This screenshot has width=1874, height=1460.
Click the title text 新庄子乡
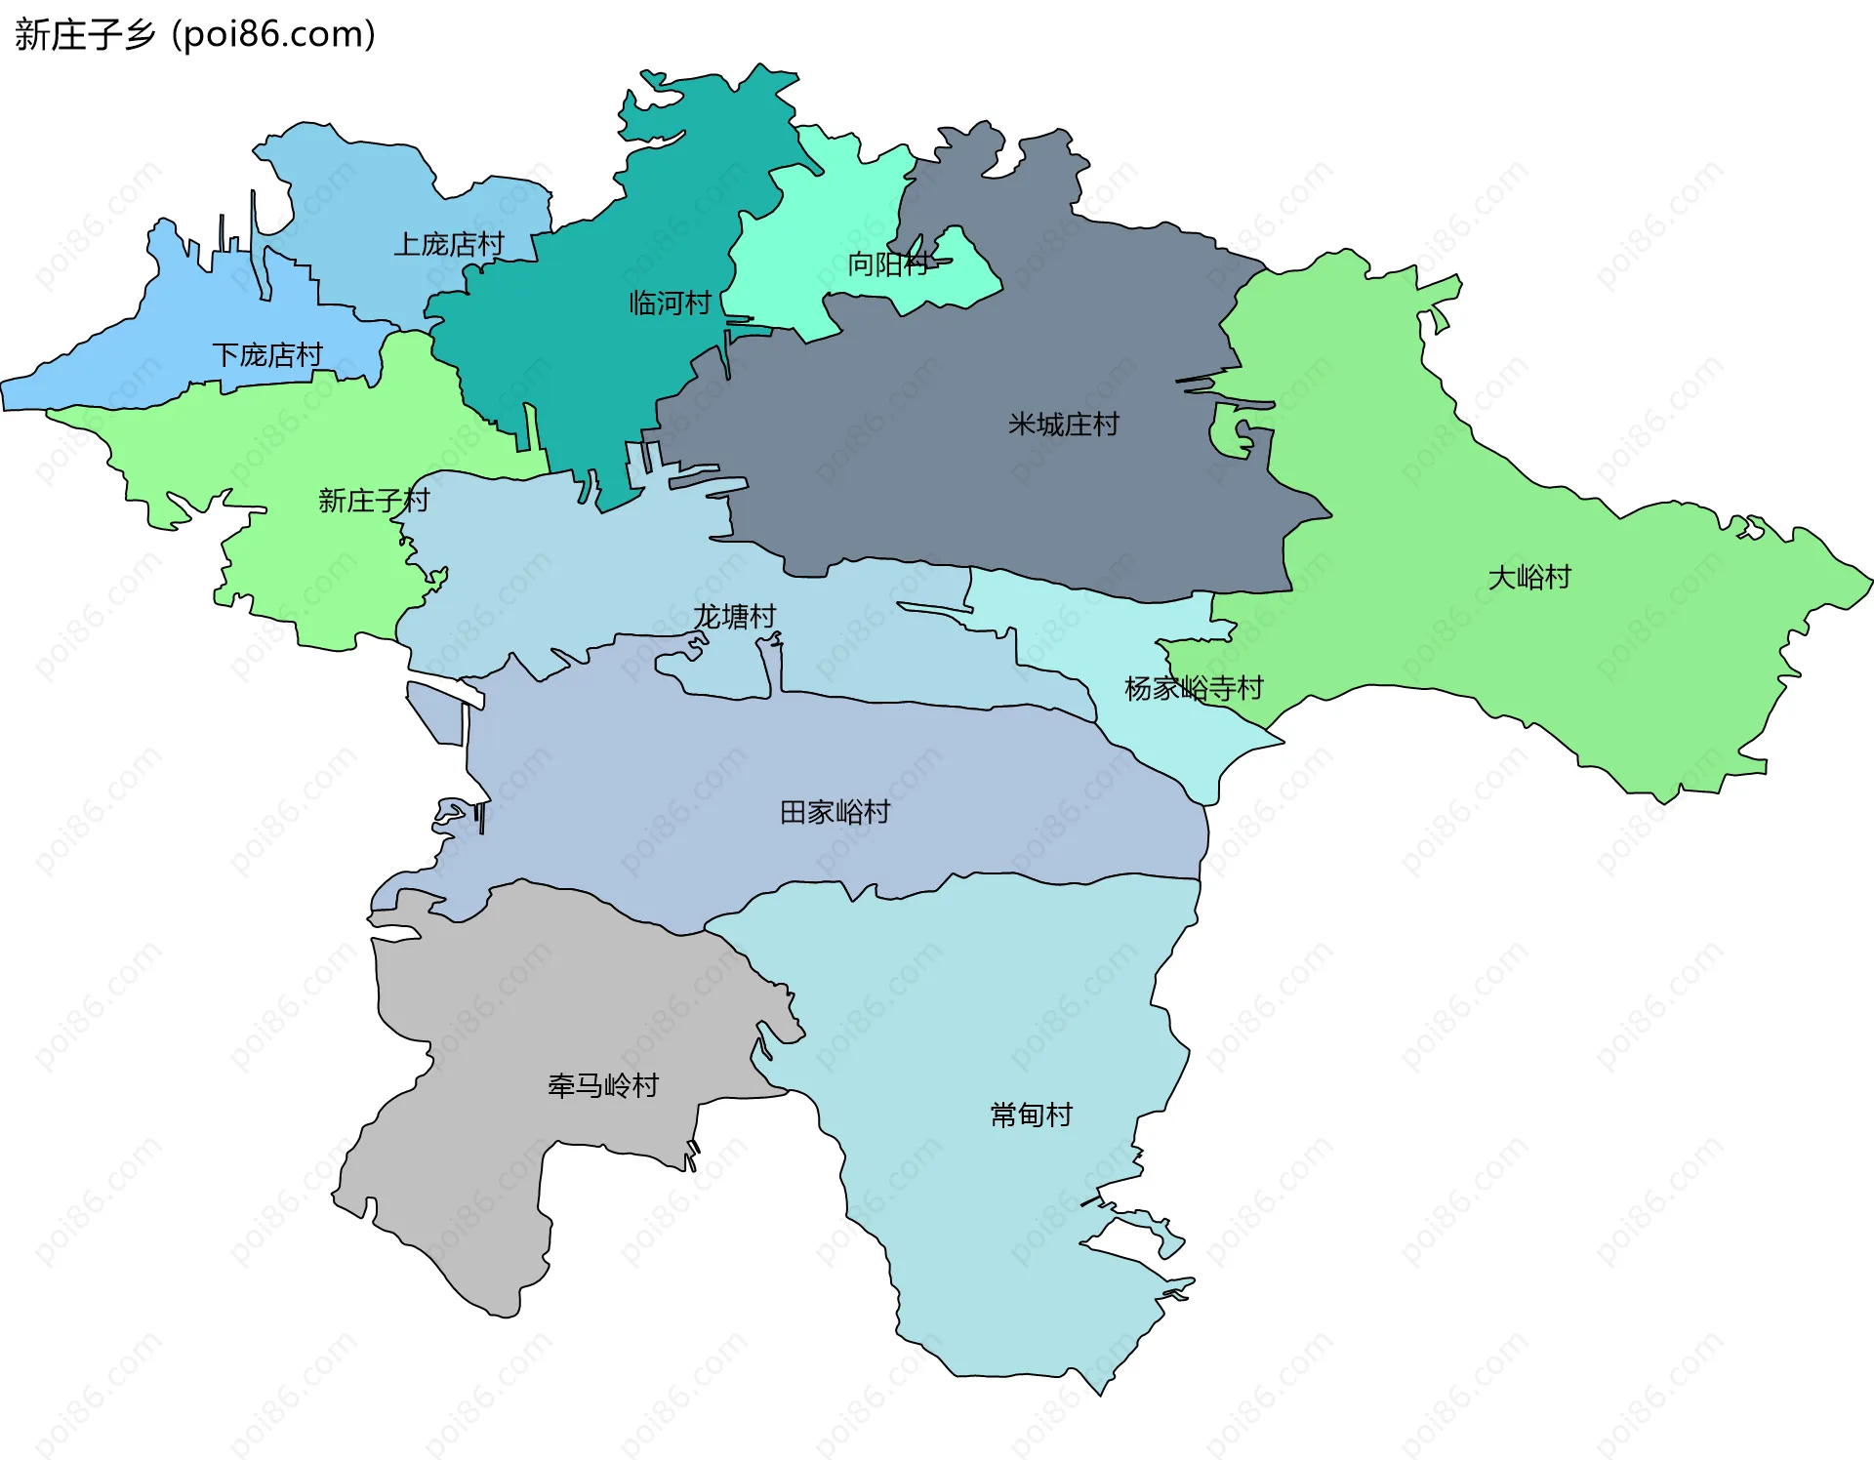click(86, 35)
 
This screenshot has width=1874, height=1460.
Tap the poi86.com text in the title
click(274, 35)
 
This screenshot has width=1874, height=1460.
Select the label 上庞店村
click(448, 244)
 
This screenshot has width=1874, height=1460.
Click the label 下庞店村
click(266, 354)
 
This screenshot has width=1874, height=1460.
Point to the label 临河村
click(670, 303)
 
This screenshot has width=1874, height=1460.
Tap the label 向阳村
click(887, 264)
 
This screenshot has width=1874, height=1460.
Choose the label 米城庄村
click(1063, 425)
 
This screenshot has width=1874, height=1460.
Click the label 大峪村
click(1528, 577)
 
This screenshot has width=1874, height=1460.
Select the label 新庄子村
click(374, 501)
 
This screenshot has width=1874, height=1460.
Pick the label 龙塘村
click(734, 616)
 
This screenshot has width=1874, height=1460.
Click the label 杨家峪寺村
click(1194, 688)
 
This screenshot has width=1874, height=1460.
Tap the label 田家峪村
click(835, 812)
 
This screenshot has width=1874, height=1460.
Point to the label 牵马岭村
click(602, 1085)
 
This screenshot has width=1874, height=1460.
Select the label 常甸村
click(1031, 1115)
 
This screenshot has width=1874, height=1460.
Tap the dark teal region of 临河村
click(586, 371)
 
